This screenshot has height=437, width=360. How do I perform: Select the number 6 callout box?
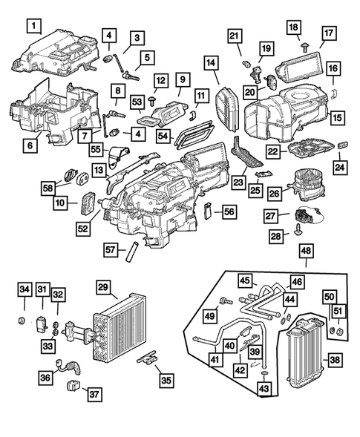pyautogui.click(x=29, y=147)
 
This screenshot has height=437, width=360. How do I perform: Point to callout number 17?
pyautogui.click(x=329, y=33)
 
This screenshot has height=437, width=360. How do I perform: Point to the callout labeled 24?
pyautogui.click(x=340, y=167)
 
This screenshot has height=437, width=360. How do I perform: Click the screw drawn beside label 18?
pyautogui.click(x=304, y=46)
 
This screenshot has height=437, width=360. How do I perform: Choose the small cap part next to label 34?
pyautogui.click(x=24, y=321)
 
